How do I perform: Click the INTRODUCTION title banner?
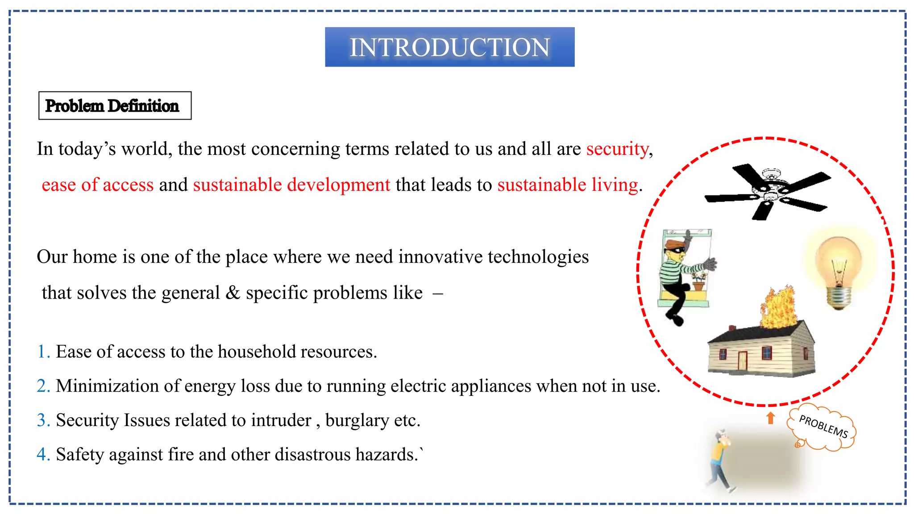pos(449,47)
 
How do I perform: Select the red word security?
pos(617,149)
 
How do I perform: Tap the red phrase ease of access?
pos(97,185)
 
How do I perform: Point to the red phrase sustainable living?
pos(568,185)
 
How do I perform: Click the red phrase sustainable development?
pos(291,185)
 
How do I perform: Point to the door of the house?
pos(742,361)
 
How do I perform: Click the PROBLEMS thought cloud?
pos(822,427)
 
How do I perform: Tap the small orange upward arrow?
pos(770,418)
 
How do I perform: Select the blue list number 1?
pos(43,352)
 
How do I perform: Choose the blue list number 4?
pos(43,454)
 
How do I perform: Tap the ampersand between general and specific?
pos(233,293)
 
